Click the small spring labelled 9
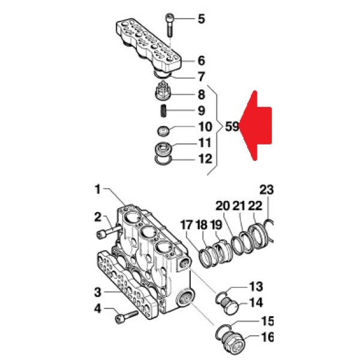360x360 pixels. click(162, 111)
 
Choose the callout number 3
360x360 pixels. click(97, 293)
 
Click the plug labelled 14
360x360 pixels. click(230, 305)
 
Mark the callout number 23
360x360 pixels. click(266, 190)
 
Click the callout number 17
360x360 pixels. click(187, 226)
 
